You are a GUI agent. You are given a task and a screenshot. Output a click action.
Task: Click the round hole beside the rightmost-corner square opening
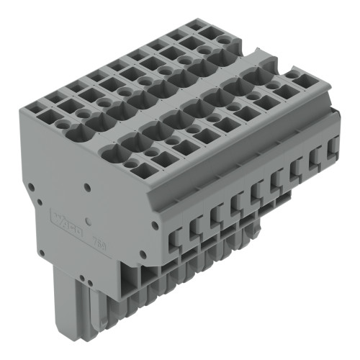coord(292,74)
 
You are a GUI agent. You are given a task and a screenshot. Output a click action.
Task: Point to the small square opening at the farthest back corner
coord(195,25)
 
